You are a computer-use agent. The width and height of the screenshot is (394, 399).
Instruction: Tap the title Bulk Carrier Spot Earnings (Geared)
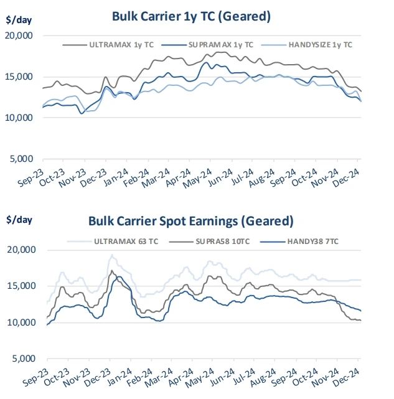(x=190, y=221)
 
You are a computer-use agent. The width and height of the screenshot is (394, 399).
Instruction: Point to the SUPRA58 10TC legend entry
(x=222, y=241)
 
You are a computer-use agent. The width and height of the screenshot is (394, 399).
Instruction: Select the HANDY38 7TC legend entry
(x=315, y=241)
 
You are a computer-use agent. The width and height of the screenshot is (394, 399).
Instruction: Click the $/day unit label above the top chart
(x=19, y=19)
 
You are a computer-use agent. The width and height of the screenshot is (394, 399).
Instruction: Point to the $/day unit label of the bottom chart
(x=19, y=219)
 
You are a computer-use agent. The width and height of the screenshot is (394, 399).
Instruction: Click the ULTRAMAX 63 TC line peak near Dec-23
(x=111, y=255)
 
